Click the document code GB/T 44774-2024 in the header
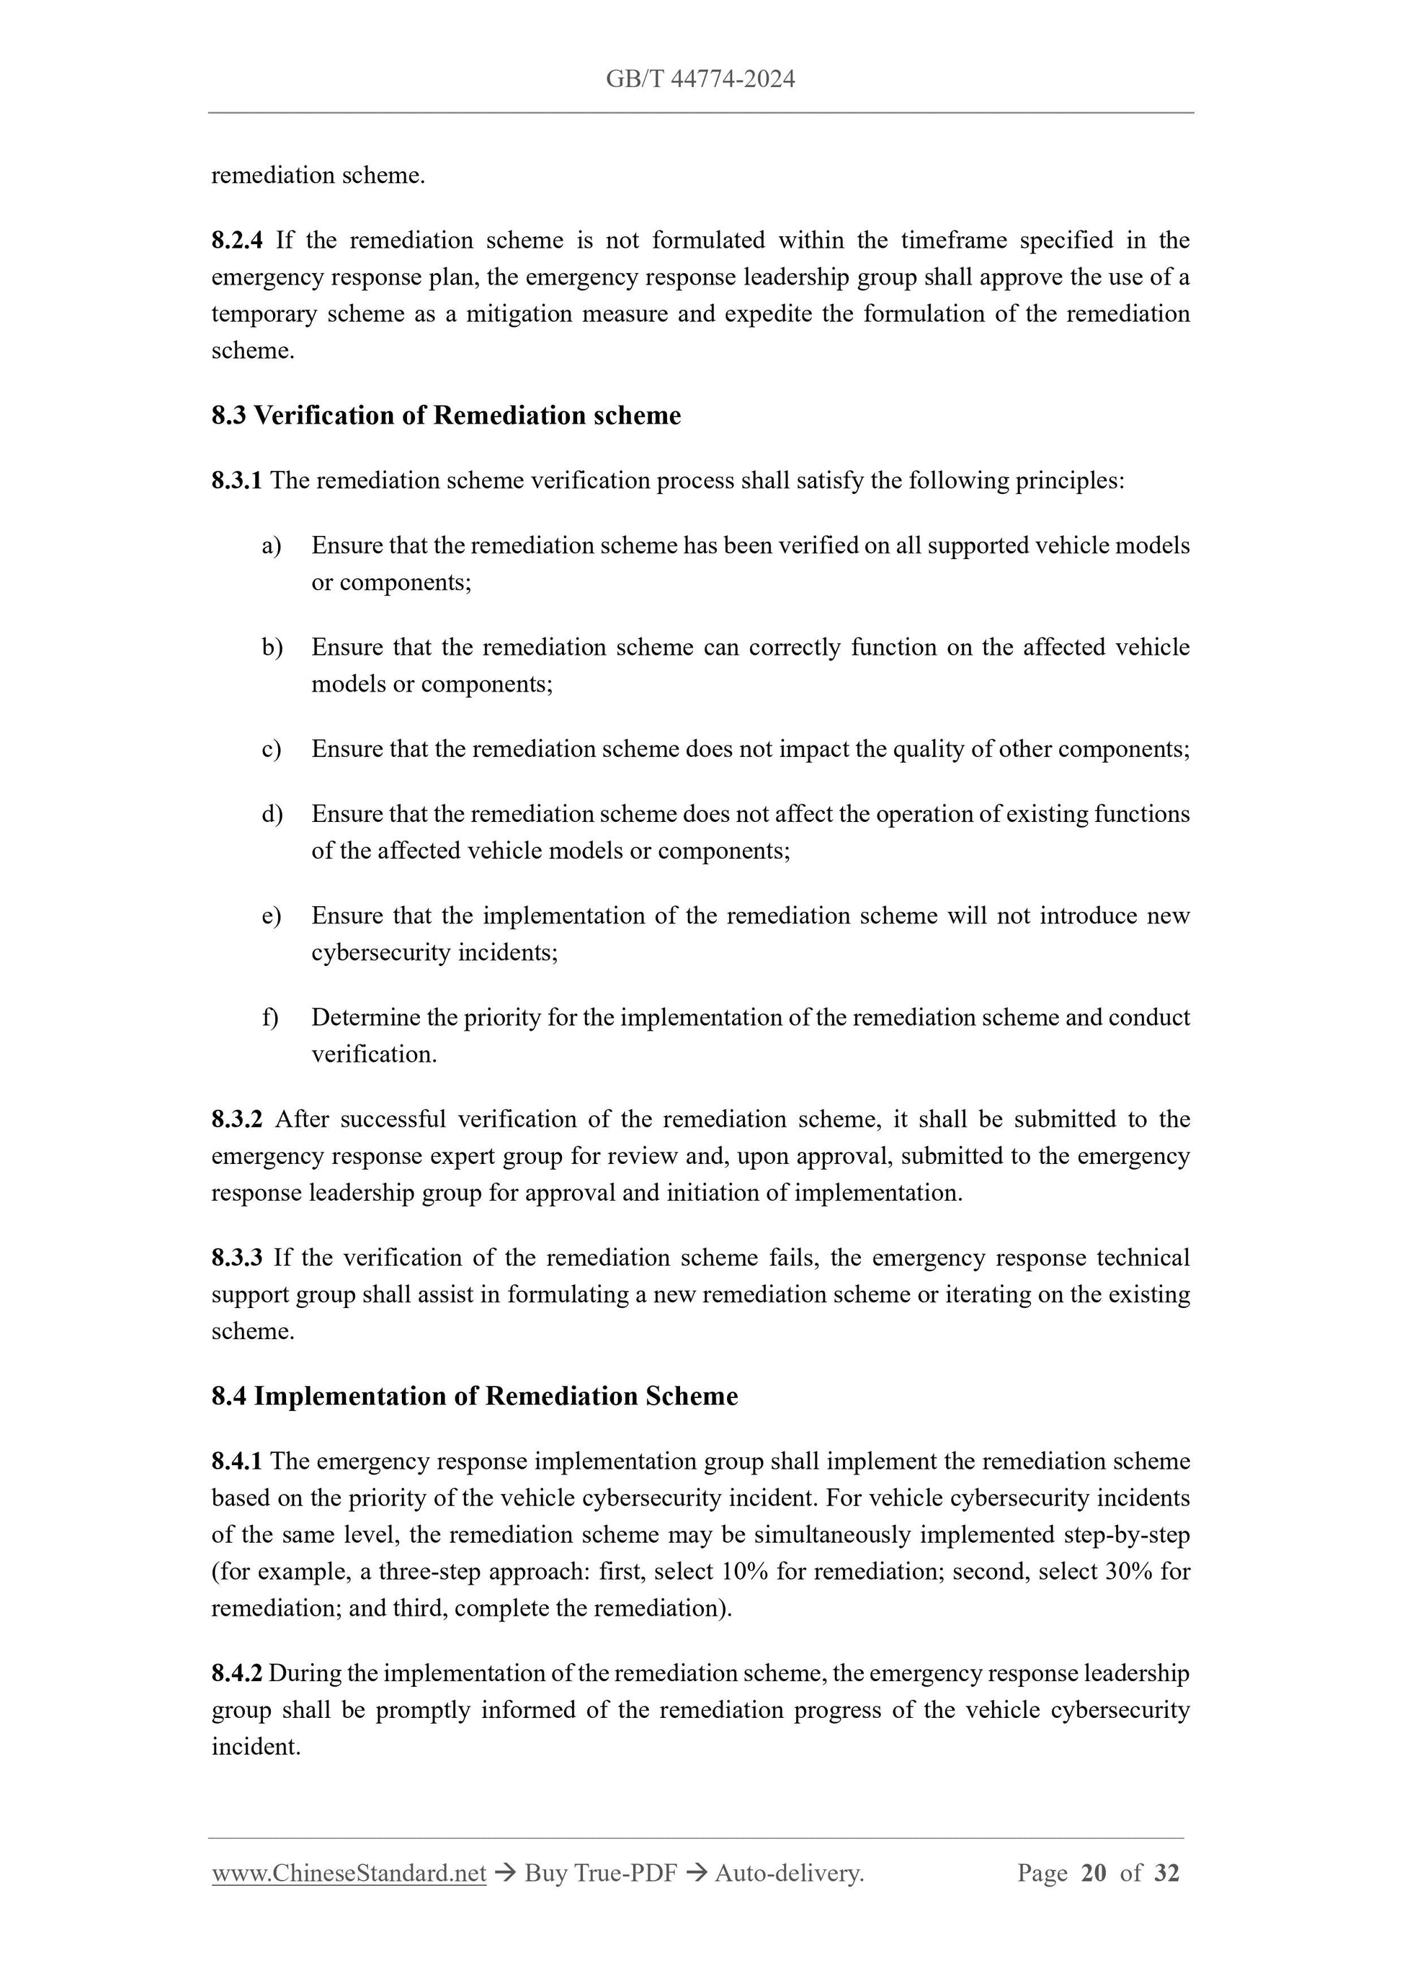click(x=700, y=79)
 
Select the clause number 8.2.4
click(x=237, y=240)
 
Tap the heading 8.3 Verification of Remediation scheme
click(x=446, y=416)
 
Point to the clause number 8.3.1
click(x=237, y=480)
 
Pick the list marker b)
click(x=272, y=647)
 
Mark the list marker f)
click(x=270, y=1017)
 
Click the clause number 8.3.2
click(x=237, y=1119)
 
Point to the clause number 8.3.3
click(x=237, y=1258)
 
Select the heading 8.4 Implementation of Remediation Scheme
click(x=474, y=1397)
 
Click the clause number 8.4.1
click(x=237, y=1461)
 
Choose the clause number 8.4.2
click(x=237, y=1673)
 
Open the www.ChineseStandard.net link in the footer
click(x=349, y=1873)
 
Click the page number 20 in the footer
click(x=1093, y=1873)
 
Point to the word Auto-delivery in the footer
click(x=789, y=1873)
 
